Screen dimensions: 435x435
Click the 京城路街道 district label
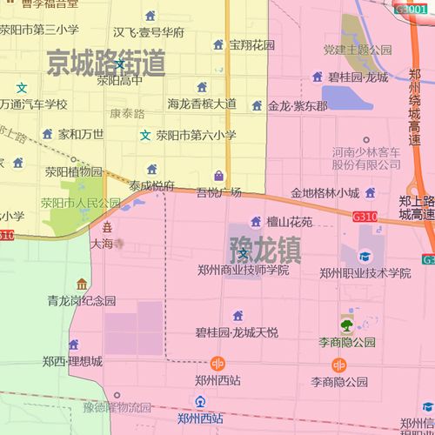click(106, 63)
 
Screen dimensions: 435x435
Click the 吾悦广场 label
click(218, 191)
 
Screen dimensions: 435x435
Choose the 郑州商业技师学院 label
click(243, 271)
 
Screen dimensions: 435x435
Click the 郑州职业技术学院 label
click(365, 273)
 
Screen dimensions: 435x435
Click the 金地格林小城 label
click(325, 192)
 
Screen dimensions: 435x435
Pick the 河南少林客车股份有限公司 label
click(365, 158)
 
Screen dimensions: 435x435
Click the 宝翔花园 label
click(252, 44)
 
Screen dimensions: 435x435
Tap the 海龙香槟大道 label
click(202, 104)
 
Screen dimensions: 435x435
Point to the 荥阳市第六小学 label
click(196, 135)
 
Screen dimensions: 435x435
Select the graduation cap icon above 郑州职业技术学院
click(365, 257)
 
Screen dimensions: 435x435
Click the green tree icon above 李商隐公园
click(347, 326)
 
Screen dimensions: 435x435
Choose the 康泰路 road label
click(128, 114)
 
